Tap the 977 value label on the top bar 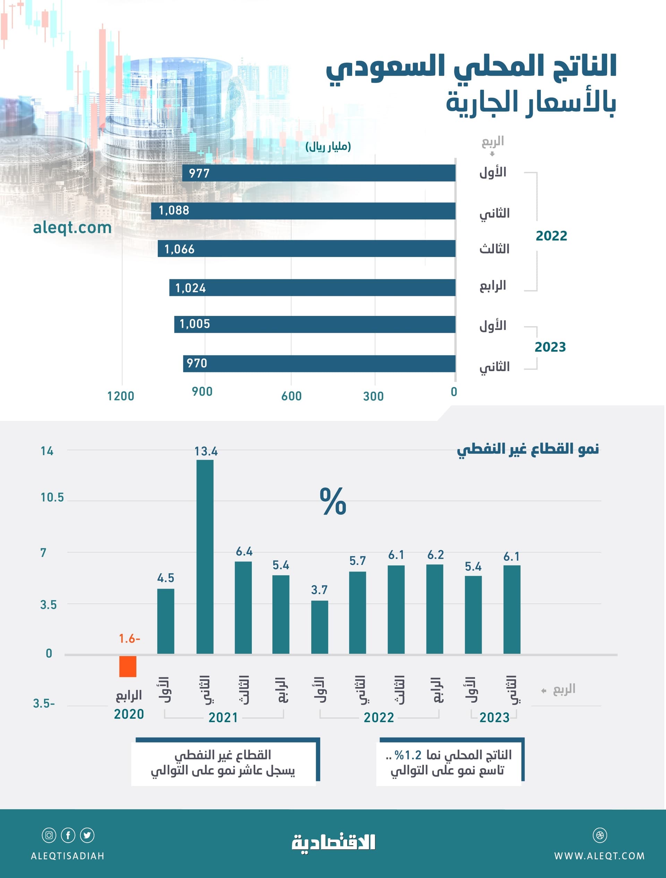coord(199,173)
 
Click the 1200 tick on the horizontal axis coord(121,396)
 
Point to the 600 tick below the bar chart coord(291,396)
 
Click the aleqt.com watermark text coord(72,228)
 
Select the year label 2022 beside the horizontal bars coord(551,236)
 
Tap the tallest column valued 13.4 coord(205,556)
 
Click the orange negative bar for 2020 coord(128,666)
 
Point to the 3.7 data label coord(319,590)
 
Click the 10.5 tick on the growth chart coord(52,497)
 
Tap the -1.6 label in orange coord(129,639)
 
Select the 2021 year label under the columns coord(223,717)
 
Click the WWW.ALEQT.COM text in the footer coord(599,856)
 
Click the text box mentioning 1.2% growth coord(449,762)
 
